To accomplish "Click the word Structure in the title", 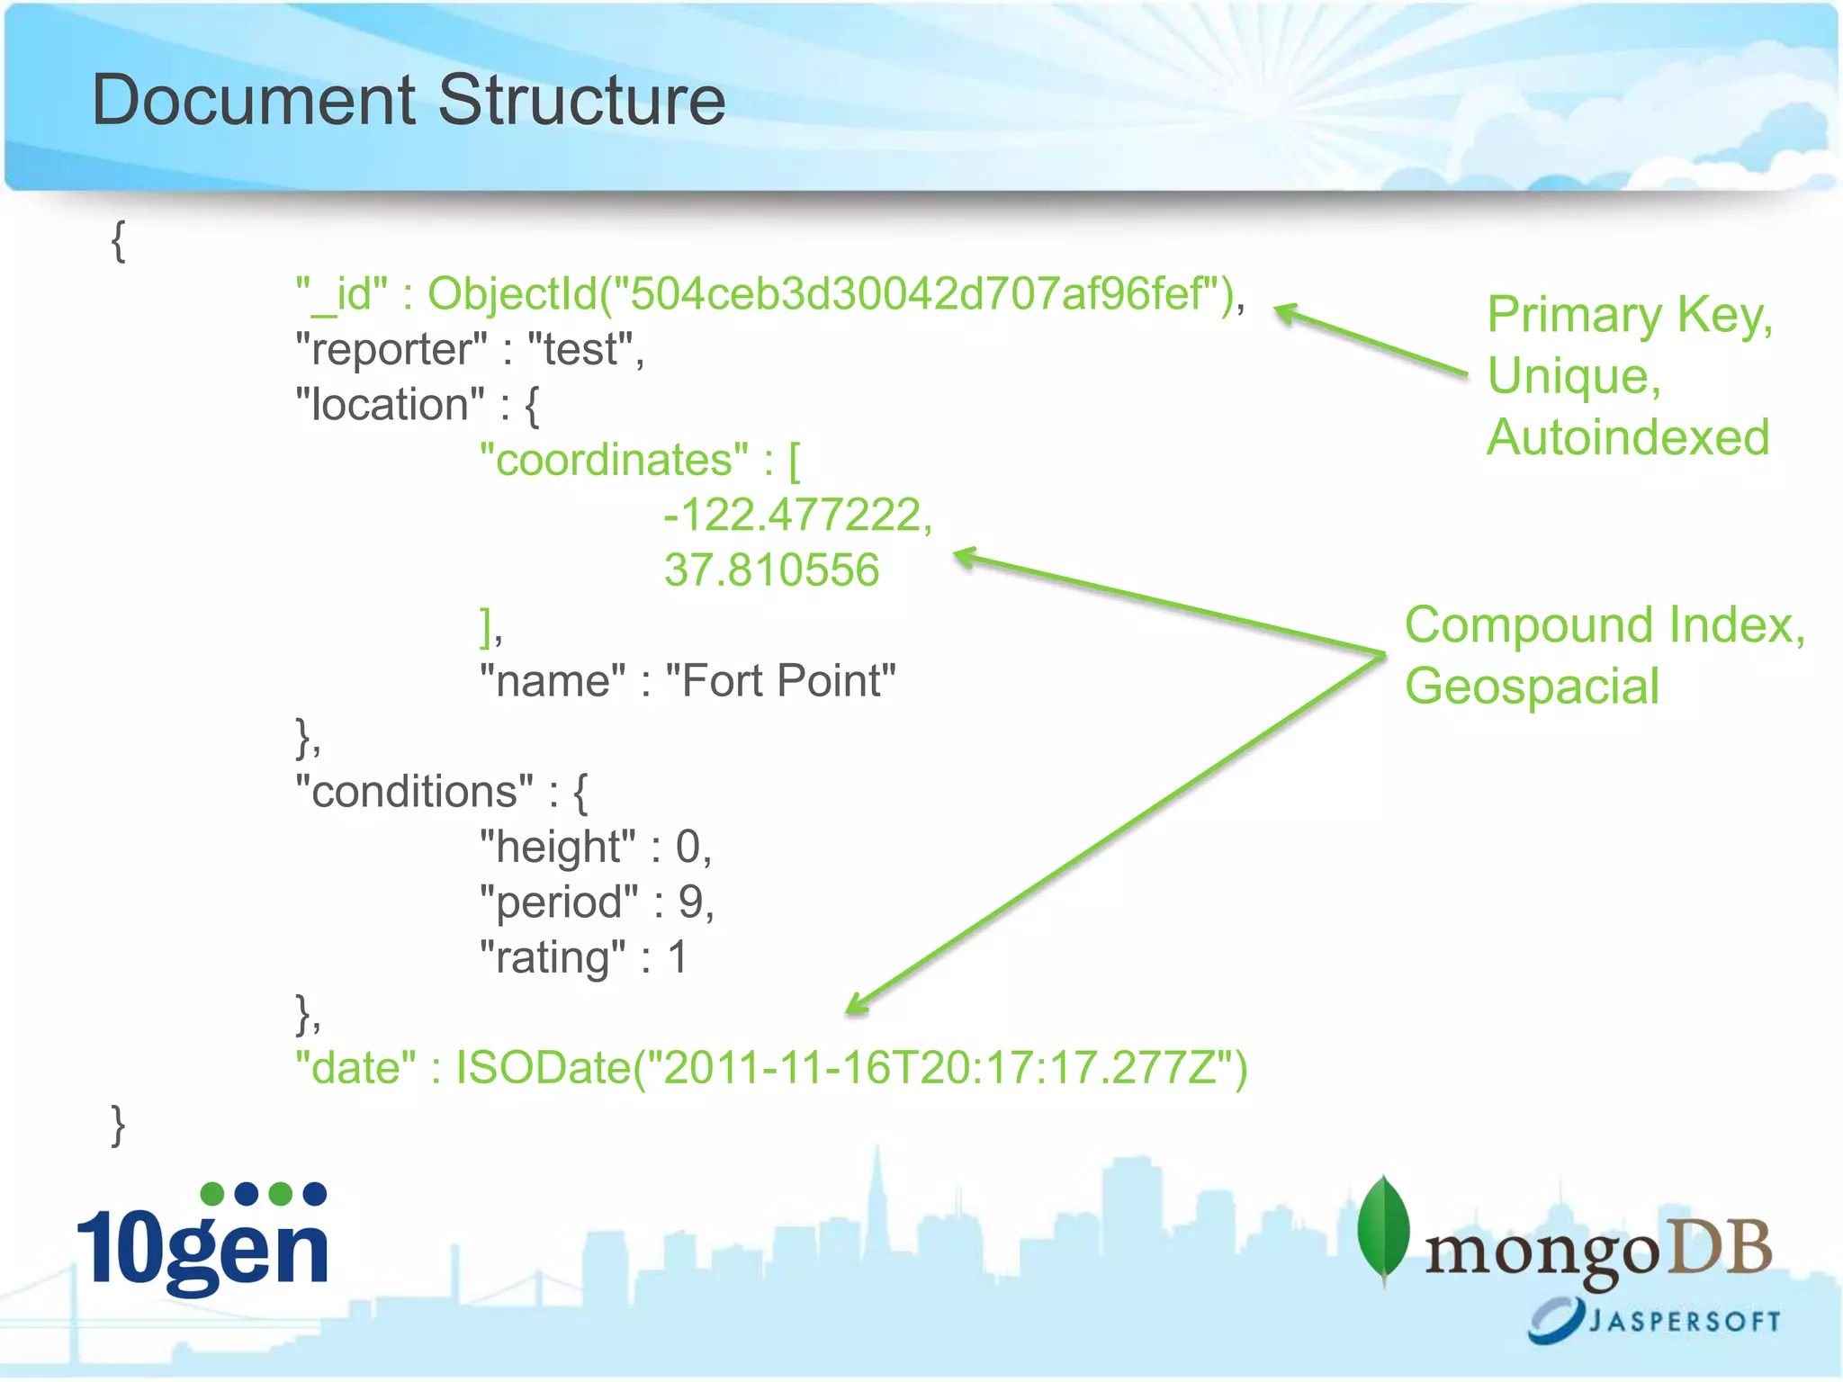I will click(581, 100).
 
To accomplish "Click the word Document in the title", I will click(254, 100).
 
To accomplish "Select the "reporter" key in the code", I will click(391, 350).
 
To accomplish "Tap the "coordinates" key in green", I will click(614, 461).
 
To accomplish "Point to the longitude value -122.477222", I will click(792, 516).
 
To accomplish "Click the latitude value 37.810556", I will click(771, 570).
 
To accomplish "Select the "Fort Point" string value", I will click(780, 681).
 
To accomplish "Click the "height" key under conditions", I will click(557, 848).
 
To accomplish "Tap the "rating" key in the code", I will click(553, 957).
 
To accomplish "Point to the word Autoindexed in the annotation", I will click(1628, 438).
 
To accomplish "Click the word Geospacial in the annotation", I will click(1532, 687).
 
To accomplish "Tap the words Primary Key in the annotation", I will click(1629, 316).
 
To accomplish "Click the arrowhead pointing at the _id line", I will click(1285, 311).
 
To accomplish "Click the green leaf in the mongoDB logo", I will click(1383, 1229).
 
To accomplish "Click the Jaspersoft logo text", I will click(1683, 1321).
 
